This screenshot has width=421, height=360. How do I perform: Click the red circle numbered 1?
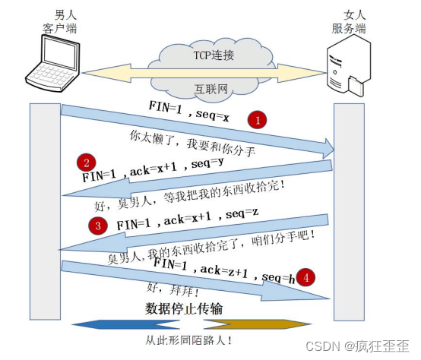(258, 120)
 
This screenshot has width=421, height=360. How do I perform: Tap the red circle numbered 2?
(89, 162)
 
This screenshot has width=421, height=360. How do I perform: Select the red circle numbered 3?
(97, 225)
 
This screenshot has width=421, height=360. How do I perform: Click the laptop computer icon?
(52, 67)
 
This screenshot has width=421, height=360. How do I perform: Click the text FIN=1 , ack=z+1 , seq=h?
(220, 270)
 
